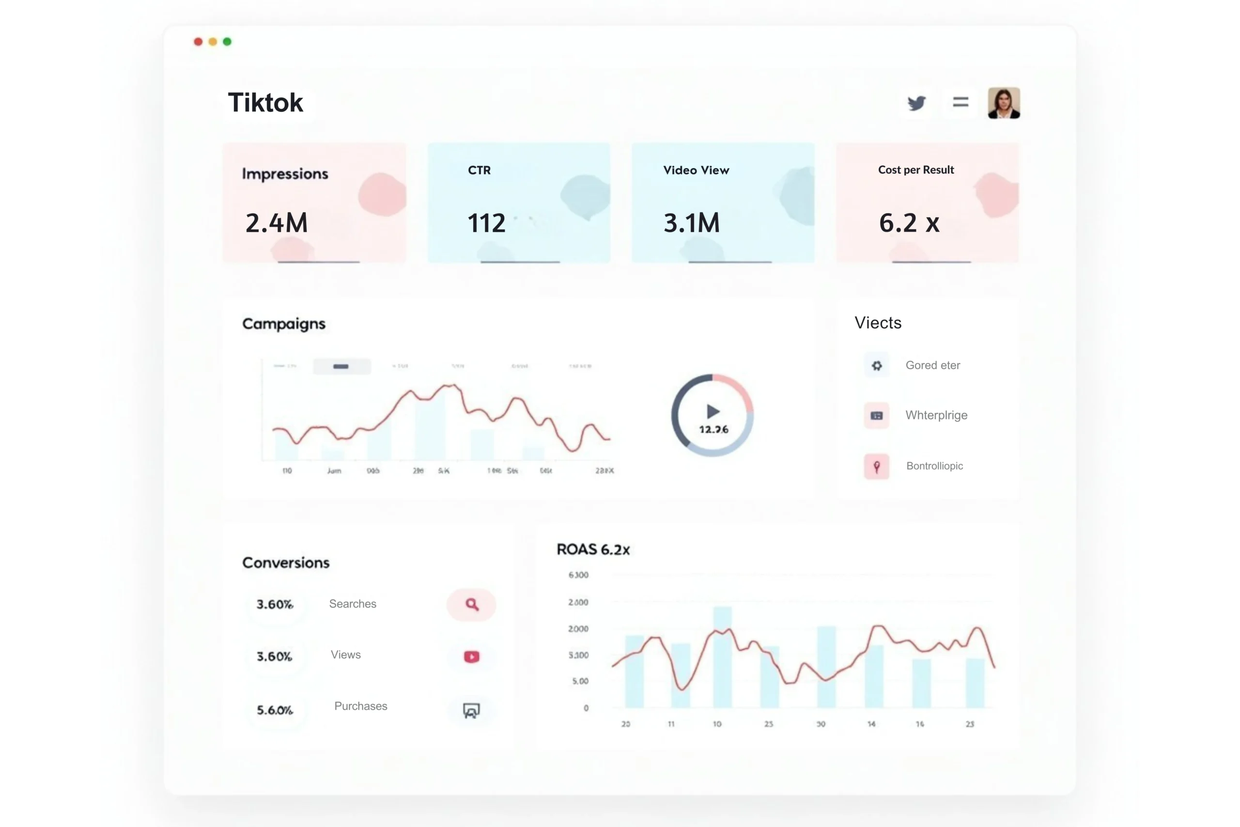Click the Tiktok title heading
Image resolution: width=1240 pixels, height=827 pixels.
[x=265, y=102]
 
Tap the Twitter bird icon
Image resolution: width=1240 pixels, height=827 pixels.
[x=916, y=103]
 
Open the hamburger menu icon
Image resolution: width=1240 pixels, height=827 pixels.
[x=961, y=102]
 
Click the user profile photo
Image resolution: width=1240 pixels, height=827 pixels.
[x=1003, y=103]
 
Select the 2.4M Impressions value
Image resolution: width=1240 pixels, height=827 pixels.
[x=276, y=222]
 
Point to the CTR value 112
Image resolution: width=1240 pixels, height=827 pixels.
[x=486, y=222]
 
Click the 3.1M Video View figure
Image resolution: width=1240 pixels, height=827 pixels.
[x=691, y=222]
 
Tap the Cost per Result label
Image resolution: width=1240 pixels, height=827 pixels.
[x=916, y=170]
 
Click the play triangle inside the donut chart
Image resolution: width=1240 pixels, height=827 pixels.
[x=713, y=411]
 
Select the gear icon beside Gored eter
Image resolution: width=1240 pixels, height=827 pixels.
[x=877, y=365]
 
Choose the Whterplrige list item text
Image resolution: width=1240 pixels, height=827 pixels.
[x=936, y=415]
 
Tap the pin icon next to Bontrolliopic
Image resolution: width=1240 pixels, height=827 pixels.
[x=877, y=466]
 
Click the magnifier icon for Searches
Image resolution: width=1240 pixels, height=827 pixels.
[x=472, y=605]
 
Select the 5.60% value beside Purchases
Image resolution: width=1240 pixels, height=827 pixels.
[x=275, y=710]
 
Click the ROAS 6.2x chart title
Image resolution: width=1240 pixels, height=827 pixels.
[x=593, y=549]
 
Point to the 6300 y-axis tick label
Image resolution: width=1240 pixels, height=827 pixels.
[x=578, y=575]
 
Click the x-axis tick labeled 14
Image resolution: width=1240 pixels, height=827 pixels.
[x=871, y=724]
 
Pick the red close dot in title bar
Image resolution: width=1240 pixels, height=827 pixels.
[x=198, y=42]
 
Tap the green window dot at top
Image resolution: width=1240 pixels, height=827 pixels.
[x=227, y=42]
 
